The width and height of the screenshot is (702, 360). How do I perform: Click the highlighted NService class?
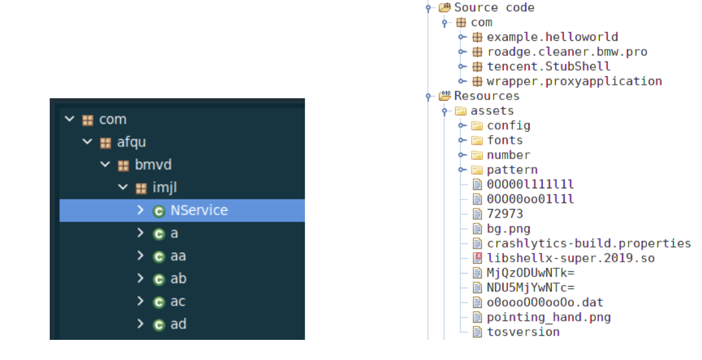(x=199, y=210)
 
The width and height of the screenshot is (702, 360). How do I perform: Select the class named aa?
(x=178, y=256)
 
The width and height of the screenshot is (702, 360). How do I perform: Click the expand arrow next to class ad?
(x=140, y=323)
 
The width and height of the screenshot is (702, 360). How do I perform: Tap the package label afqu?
(x=131, y=142)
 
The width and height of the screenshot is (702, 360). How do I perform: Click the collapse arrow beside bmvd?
(x=105, y=165)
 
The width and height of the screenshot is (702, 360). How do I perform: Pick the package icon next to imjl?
(x=141, y=188)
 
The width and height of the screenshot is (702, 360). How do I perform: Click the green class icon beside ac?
(x=159, y=302)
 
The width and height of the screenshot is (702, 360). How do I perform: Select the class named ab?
(x=178, y=278)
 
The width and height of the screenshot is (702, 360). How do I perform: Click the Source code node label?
(x=494, y=8)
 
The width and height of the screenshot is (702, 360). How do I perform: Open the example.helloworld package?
(x=552, y=37)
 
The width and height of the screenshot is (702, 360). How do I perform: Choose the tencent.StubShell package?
(x=549, y=67)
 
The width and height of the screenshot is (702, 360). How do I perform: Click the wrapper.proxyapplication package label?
(x=574, y=82)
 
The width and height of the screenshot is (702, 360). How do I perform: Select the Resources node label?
(x=487, y=96)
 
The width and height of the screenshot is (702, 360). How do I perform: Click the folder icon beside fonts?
(x=477, y=140)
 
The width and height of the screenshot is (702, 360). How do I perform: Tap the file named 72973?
(x=505, y=214)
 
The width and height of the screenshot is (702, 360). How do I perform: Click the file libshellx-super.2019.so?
(x=571, y=258)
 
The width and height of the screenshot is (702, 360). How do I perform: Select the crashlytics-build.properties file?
(x=589, y=243)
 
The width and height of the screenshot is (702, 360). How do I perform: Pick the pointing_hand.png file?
(x=549, y=317)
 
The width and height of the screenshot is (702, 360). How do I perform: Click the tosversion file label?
(x=523, y=332)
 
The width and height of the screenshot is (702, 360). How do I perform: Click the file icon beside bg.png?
(x=478, y=229)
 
